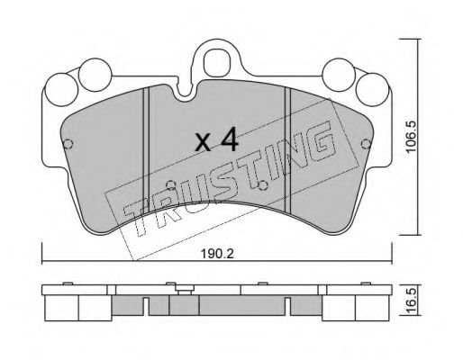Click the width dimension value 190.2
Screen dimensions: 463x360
217,255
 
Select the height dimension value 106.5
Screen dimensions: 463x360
411,137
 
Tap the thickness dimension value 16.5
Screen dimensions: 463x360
411,301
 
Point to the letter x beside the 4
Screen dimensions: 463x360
203,142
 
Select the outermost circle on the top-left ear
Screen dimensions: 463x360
61,90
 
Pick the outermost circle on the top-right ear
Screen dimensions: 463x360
372,89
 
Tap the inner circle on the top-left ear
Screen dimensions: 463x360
95,75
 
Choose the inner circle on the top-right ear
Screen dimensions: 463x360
339,75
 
